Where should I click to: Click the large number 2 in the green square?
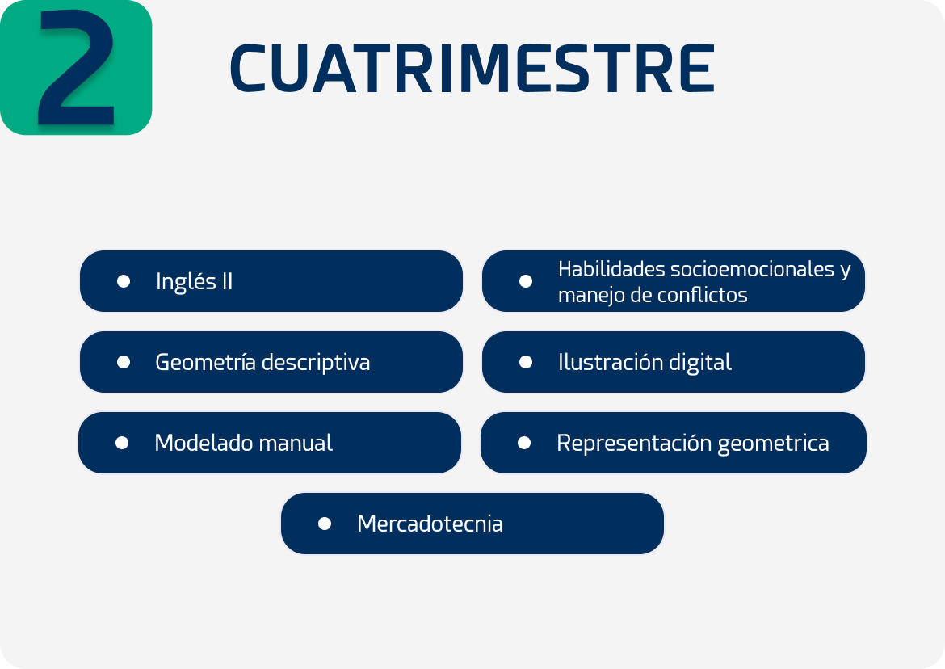pyautogui.click(x=77, y=68)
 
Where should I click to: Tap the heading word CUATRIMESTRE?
pyautogui.click(x=472, y=69)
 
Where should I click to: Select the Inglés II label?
pyautogui.click(x=194, y=281)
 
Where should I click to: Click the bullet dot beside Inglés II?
pyautogui.click(x=124, y=281)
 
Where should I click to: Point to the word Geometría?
pyautogui.click(x=205, y=362)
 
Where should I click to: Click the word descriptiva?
pyautogui.click(x=316, y=363)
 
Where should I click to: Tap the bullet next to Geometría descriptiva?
pyautogui.click(x=124, y=362)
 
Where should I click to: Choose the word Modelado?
pyautogui.click(x=196, y=443)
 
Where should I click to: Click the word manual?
pyautogui.click(x=287, y=443)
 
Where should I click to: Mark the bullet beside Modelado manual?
pyautogui.click(x=122, y=443)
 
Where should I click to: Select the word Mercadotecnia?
pyautogui.click(x=430, y=524)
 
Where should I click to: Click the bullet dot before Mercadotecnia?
pyautogui.click(x=324, y=524)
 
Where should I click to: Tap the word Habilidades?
pyautogui.click(x=611, y=269)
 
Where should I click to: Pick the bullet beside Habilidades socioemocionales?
pyautogui.click(x=526, y=281)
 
